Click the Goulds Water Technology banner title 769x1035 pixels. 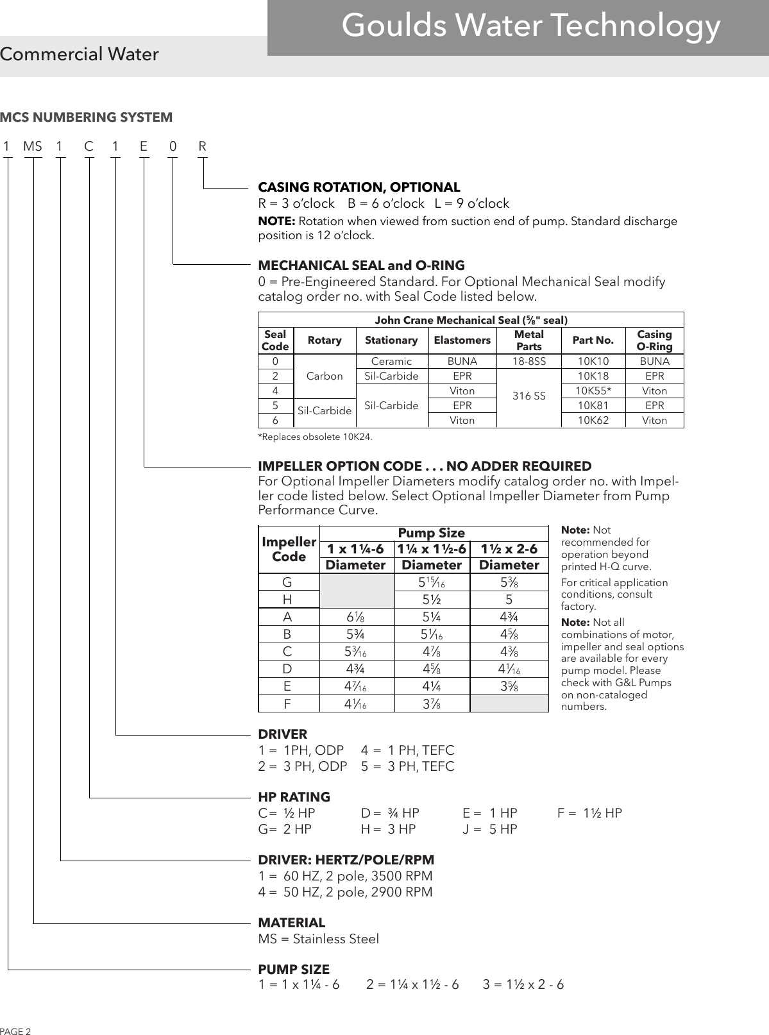[531, 26]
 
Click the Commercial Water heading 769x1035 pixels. [80, 55]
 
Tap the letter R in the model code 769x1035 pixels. [203, 147]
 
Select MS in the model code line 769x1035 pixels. [33, 147]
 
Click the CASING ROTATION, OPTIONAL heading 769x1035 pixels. [359, 187]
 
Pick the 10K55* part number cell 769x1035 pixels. [593, 391]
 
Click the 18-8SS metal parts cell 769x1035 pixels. [528, 361]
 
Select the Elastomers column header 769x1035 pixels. [462, 340]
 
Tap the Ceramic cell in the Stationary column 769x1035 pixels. [391, 361]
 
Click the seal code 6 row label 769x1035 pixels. [275, 420]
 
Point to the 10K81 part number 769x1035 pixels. [593, 405]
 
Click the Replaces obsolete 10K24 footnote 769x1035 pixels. [314, 437]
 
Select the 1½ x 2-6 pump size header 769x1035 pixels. [509, 549]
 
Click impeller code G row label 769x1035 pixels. [287, 582]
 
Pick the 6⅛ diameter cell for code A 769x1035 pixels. [356, 617]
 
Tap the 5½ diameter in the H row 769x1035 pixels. [432, 600]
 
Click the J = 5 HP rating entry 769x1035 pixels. [490, 829]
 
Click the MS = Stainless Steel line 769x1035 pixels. [318, 939]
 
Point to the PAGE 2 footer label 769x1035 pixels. [15, 1031]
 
